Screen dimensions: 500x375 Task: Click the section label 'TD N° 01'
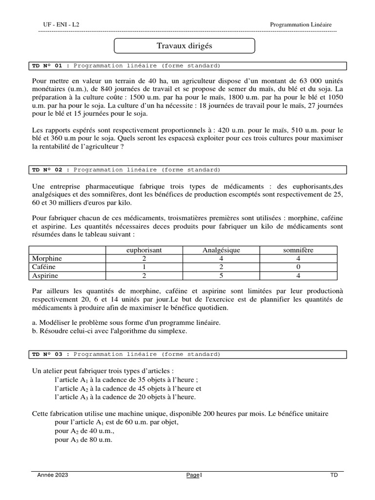coord(47,65)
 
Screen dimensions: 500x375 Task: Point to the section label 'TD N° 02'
coord(47,169)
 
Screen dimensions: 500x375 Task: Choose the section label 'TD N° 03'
coord(47,354)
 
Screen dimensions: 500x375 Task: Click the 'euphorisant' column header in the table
coord(144,250)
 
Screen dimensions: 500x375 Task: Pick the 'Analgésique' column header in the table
coord(221,250)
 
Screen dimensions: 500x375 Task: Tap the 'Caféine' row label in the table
coord(44,267)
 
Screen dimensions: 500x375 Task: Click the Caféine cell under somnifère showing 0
coord(298,267)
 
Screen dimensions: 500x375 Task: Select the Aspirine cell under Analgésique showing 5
coord(221,276)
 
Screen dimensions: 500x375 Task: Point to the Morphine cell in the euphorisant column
coord(144,259)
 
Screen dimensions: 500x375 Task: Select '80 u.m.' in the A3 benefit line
coord(101,439)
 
